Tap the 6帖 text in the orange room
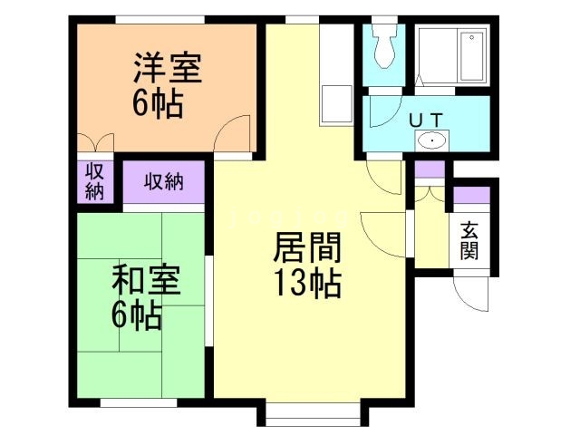coord(158,103)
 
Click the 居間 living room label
coord(307,247)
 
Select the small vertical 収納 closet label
coord(94,181)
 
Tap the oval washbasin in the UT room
coord(433,140)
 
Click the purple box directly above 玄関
coord(471,196)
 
